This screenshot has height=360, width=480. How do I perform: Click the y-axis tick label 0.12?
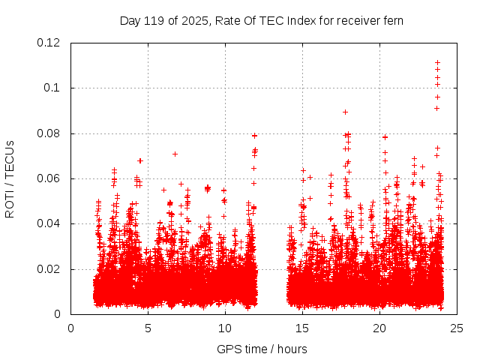pos(49,43)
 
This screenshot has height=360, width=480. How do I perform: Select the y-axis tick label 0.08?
pos(49,133)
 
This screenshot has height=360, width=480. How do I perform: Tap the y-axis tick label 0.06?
pos(49,178)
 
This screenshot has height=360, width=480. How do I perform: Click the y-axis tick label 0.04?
pos(49,223)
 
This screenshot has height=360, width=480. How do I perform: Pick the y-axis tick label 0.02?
pos(49,269)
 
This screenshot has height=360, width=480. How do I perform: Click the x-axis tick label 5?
pos(148,328)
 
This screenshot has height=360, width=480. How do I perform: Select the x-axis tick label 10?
pos(225,328)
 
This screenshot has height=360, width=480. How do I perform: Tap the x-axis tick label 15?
pos(302,328)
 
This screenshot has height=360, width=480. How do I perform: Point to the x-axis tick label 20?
pos(379,328)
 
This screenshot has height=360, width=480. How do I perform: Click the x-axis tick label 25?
pos(457,328)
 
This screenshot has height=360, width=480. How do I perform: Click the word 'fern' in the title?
pos(393,20)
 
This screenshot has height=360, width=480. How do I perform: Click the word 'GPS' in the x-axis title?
pos(228,349)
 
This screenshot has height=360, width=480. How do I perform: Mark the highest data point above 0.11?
pos(437,62)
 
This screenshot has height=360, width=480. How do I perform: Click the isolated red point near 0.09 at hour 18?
pos(345,112)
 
